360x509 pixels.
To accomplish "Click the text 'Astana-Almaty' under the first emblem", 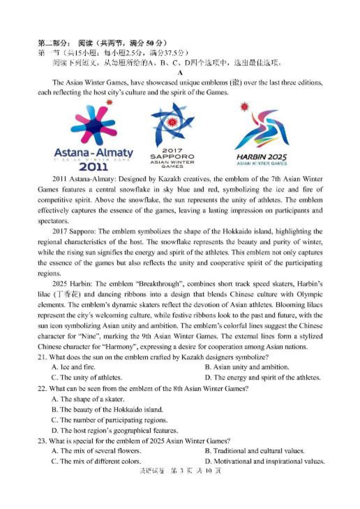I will pyautogui.click(x=94, y=153).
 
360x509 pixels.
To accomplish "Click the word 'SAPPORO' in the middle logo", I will pyautogui.click(x=172, y=157).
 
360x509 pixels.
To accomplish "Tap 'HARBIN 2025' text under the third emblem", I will pyautogui.click(x=261, y=157).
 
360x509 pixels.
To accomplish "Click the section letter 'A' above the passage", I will pyautogui.click(x=180, y=73).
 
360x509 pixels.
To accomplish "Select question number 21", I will pyautogui.click(x=42, y=357).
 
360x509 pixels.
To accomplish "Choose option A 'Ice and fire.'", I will pyautogui.click(x=74, y=367).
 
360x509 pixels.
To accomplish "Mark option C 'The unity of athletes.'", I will pyautogui.click(x=87, y=378).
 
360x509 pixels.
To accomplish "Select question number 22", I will pyautogui.click(x=42, y=389).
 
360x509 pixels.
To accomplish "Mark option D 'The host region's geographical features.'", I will pyautogui.click(x=115, y=430).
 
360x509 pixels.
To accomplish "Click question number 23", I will pyautogui.click(x=42, y=441).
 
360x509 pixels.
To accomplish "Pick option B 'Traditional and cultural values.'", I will pyautogui.click(x=255, y=451).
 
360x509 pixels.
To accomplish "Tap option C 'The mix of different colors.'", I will pyautogui.click(x=96, y=462).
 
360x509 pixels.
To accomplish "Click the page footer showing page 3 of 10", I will pyautogui.click(x=180, y=471).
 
